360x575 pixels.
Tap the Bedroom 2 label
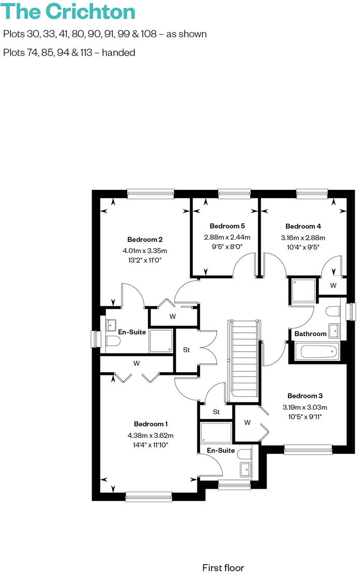tap(145, 239)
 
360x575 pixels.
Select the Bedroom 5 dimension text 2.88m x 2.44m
tap(227, 237)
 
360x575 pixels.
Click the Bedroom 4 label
tap(303, 226)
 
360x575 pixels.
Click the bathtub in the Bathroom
tap(317, 353)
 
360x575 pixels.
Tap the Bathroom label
tap(310, 334)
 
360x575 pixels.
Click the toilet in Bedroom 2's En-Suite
tap(112, 341)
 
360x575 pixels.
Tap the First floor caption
tap(223, 567)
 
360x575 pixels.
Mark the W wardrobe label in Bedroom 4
tap(333, 285)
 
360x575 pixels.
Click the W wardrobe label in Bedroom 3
tap(247, 422)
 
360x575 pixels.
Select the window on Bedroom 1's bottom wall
tap(148, 497)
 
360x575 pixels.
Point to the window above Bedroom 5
tap(234, 193)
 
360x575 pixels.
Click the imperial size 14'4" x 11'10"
tap(151, 444)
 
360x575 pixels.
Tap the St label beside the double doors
tap(187, 350)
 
